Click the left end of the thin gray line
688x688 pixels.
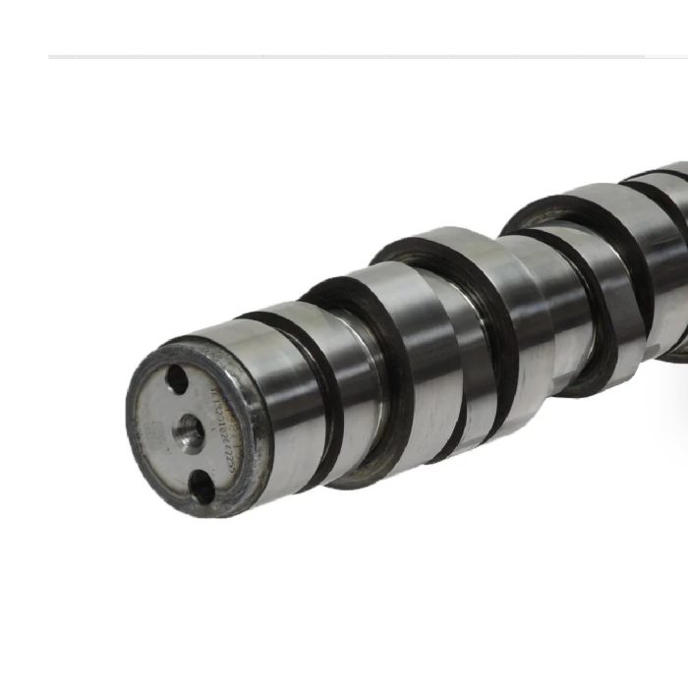point(49,57)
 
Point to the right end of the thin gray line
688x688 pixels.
point(644,57)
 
